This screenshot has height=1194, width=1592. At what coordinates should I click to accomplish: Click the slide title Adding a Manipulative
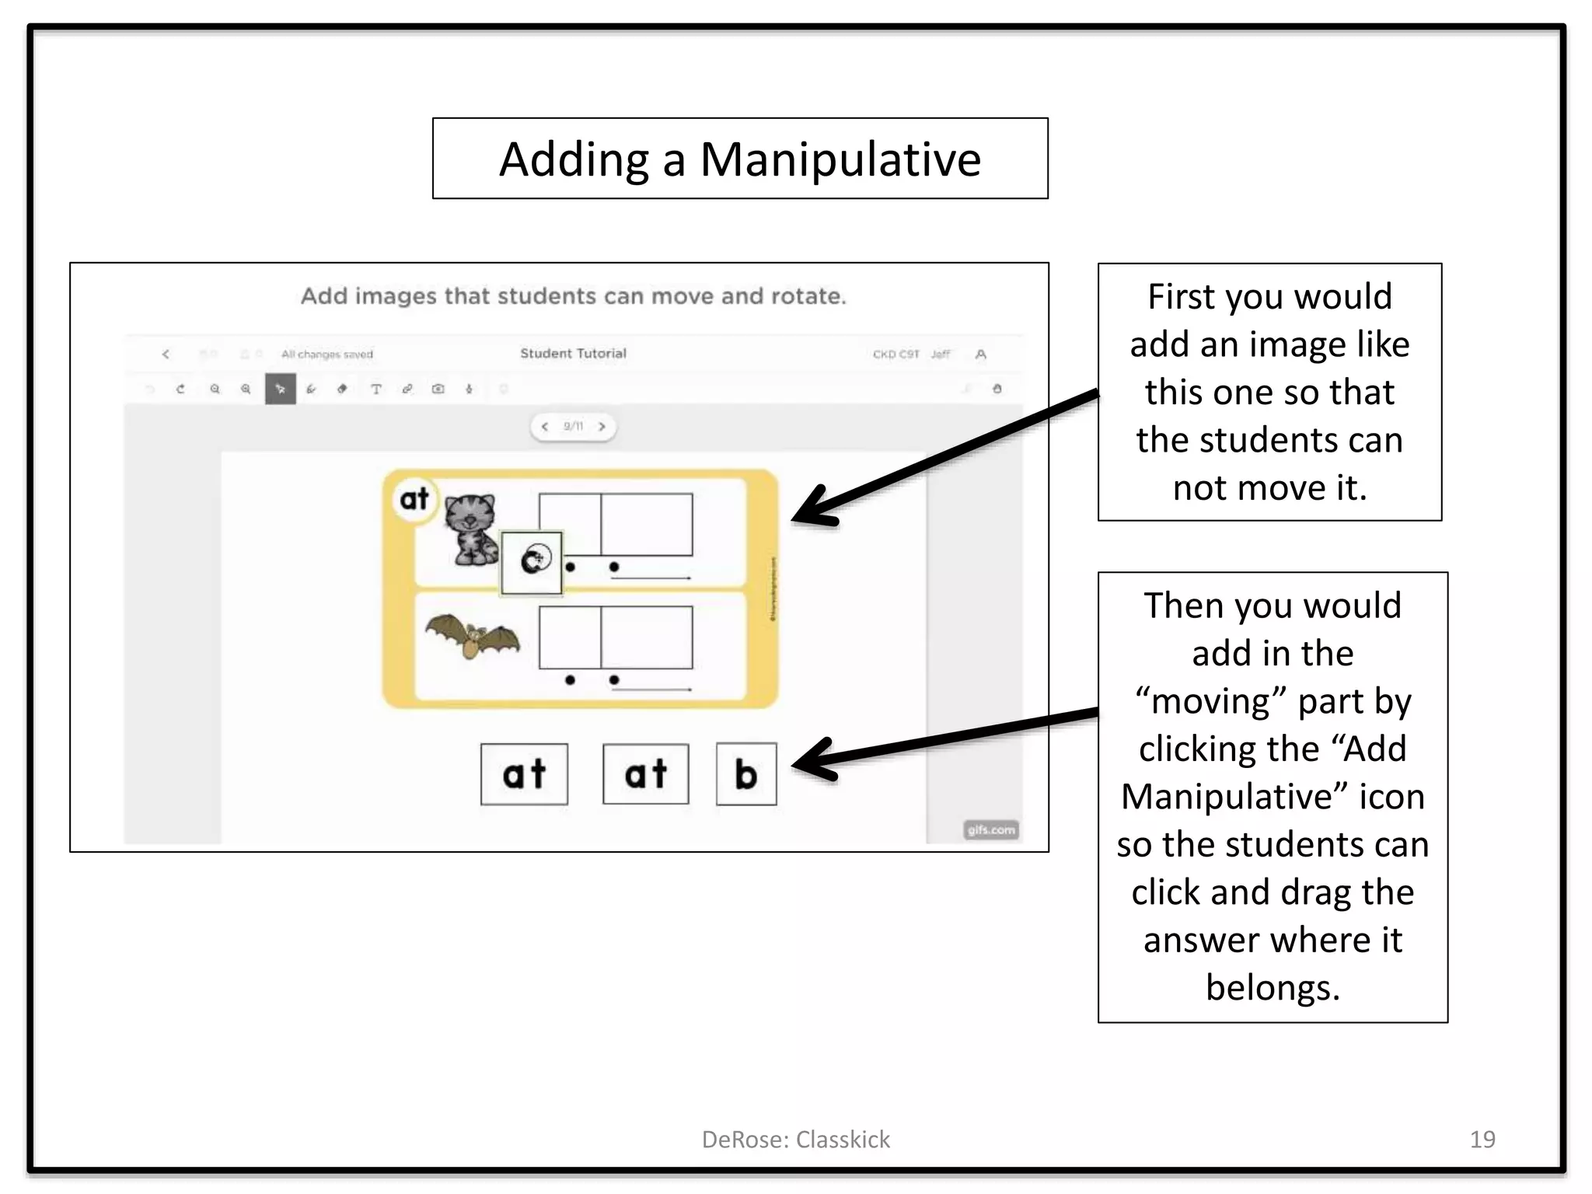pyautogui.click(x=739, y=159)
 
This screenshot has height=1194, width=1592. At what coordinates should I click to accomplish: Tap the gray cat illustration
pyautogui.click(x=470, y=529)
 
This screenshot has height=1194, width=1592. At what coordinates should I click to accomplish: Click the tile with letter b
pyautogui.click(x=745, y=774)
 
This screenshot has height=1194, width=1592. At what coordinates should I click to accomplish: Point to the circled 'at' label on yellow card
pyautogui.click(x=414, y=498)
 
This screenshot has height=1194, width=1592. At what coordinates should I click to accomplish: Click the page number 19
pyautogui.click(x=1482, y=1139)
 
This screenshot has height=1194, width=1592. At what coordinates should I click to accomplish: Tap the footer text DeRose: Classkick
pyautogui.click(x=795, y=1139)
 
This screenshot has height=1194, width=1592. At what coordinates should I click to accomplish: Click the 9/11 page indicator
pyautogui.click(x=573, y=426)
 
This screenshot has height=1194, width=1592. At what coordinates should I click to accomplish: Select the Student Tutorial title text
pyautogui.click(x=573, y=353)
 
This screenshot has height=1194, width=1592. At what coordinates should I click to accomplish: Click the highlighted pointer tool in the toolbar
pyautogui.click(x=281, y=389)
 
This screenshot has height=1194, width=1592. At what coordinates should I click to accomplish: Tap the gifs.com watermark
pyautogui.click(x=990, y=829)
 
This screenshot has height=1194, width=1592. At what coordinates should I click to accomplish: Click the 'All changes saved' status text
pyautogui.click(x=326, y=354)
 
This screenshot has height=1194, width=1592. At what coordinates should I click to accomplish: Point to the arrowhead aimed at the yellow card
pyautogui.click(x=812, y=509)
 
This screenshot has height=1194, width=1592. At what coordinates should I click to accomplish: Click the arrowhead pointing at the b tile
pyautogui.click(x=812, y=759)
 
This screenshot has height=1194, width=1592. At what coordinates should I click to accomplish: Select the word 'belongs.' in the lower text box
pyautogui.click(x=1273, y=987)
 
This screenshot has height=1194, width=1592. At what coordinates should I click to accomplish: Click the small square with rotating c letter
pyautogui.click(x=532, y=562)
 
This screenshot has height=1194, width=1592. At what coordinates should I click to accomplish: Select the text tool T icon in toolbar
pyautogui.click(x=376, y=389)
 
